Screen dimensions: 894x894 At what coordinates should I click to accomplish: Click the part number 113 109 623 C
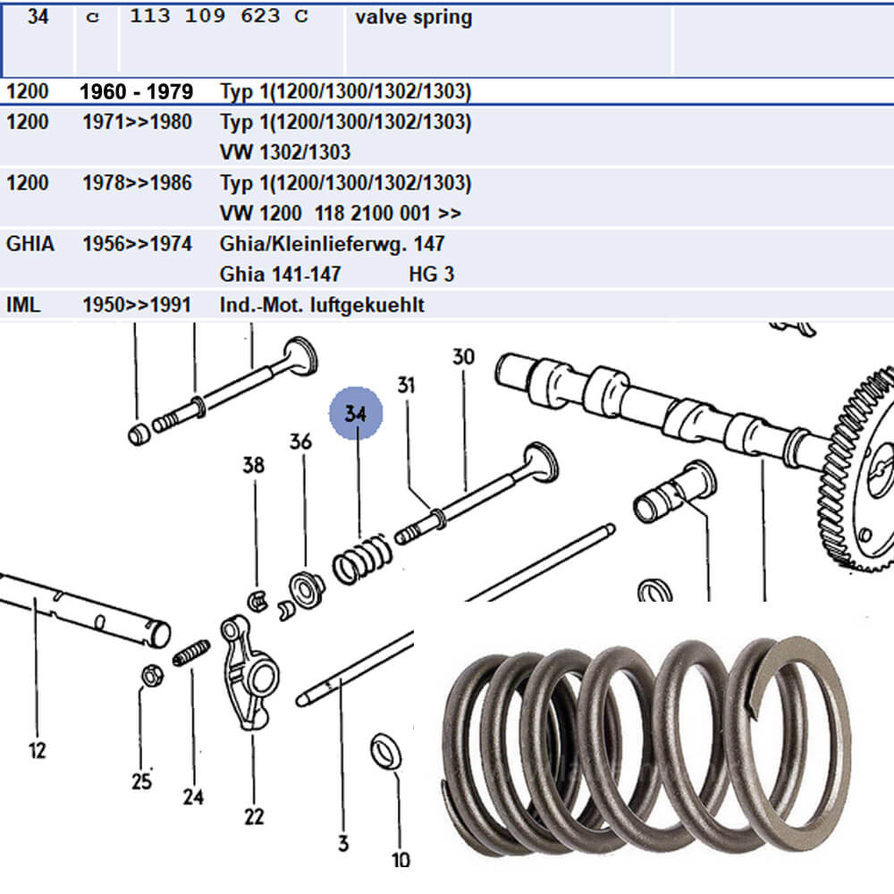coord(218,17)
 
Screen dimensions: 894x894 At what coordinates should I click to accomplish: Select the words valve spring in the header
coord(413,17)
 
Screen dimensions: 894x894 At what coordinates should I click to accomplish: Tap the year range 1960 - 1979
coord(136,92)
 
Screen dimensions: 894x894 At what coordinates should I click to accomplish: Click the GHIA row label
coord(30,243)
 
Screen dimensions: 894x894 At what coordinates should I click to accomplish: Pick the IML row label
coord(22,305)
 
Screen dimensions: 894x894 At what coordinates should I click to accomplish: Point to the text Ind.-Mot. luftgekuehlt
coord(322,305)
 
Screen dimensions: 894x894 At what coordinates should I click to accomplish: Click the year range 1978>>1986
coord(136,183)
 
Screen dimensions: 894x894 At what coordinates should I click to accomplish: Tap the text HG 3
coord(431,274)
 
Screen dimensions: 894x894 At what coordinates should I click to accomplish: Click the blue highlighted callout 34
coord(356,414)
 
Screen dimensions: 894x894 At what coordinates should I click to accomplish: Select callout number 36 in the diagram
coord(300,443)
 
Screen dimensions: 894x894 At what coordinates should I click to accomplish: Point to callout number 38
coord(254,464)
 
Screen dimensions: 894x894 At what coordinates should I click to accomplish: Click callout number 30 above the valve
coord(463,358)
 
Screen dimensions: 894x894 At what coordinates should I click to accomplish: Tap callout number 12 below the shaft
coord(37,749)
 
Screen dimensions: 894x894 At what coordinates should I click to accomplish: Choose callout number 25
coord(141,781)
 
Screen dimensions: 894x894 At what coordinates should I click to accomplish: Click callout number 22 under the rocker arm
coord(254,815)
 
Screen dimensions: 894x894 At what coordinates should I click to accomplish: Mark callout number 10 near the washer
coord(401,859)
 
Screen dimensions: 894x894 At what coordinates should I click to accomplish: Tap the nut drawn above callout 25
coord(150,675)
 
